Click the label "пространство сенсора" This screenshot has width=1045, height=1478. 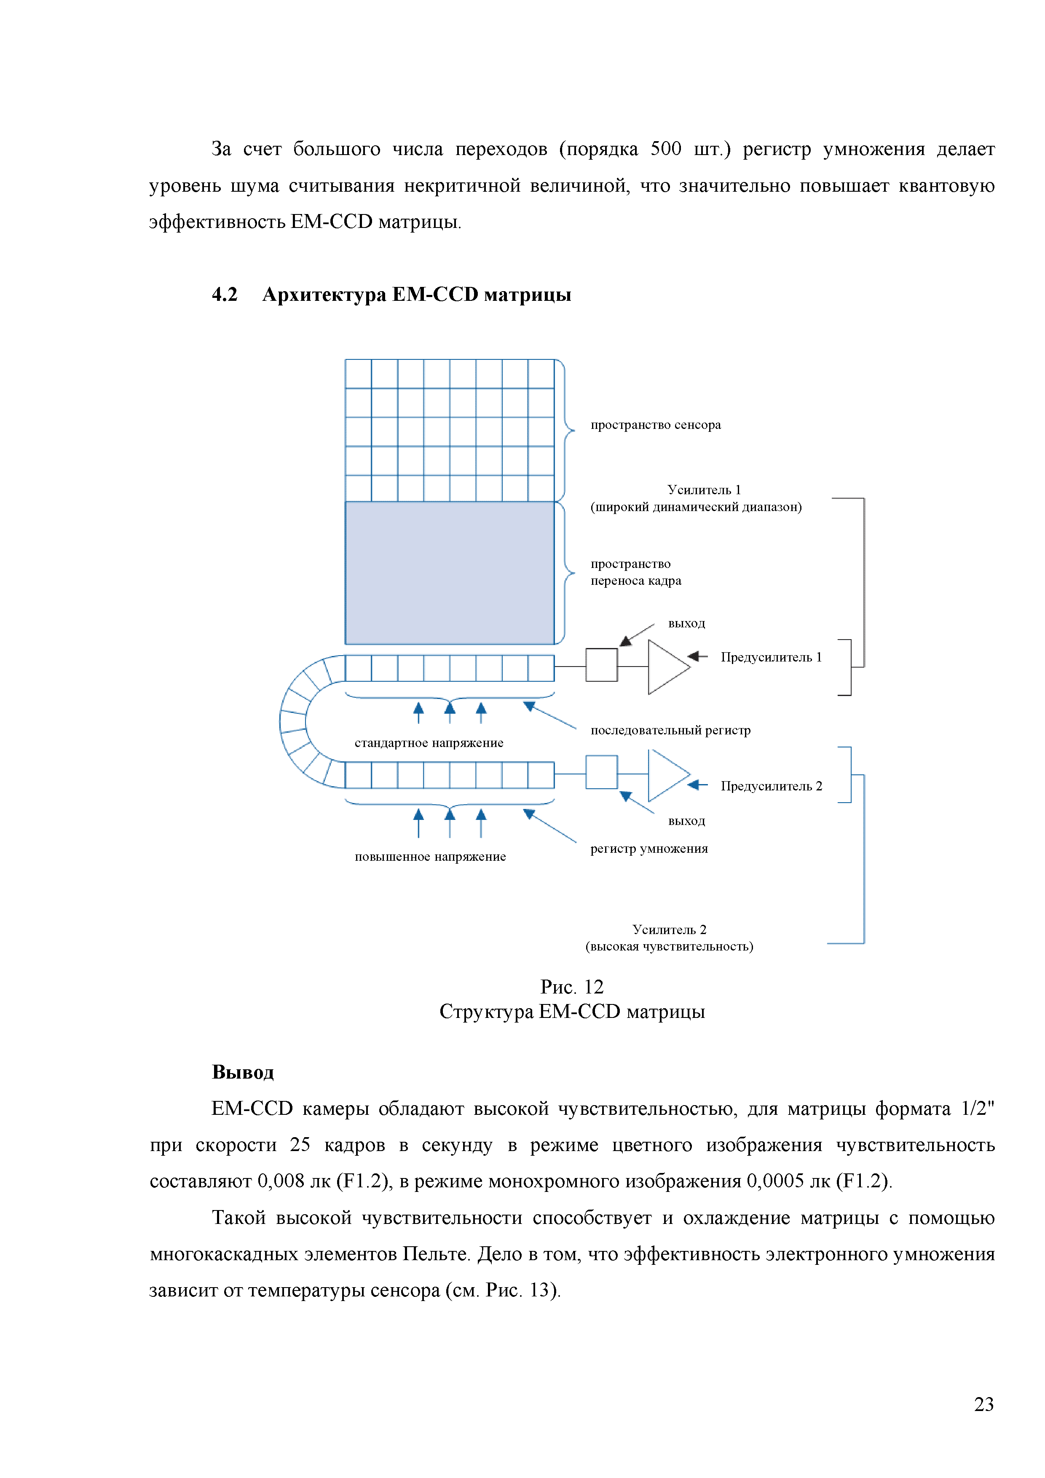(x=656, y=425)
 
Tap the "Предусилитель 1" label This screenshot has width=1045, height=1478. (x=771, y=657)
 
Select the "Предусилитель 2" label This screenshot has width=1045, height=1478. (x=771, y=786)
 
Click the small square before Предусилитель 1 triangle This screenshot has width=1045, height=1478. (x=601, y=665)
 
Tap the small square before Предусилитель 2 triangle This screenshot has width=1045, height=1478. (x=601, y=772)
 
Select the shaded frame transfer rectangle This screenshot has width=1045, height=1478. (x=450, y=573)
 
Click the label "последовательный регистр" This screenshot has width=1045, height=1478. (x=670, y=731)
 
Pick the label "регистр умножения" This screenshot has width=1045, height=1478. (x=649, y=849)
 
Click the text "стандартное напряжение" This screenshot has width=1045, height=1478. (x=429, y=743)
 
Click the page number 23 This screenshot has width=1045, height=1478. (x=983, y=1404)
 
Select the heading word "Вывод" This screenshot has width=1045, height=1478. (x=243, y=1072)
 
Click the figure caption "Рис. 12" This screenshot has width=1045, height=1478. (x=572, y=987)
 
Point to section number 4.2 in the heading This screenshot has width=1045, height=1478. (x=225, y=295)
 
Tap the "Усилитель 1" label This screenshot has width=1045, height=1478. (x=704, y=490)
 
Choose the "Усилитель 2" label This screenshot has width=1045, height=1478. (x=669, y=929)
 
